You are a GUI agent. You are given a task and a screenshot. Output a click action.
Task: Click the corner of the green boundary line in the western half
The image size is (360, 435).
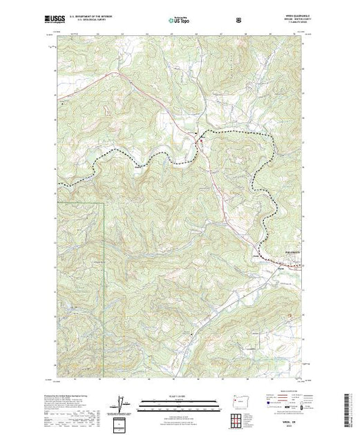104,203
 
